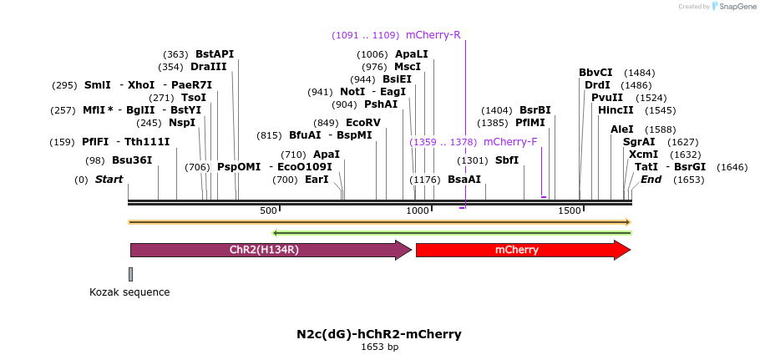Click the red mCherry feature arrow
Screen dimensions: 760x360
point(524,250)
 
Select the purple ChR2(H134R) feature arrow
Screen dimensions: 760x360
point(271,250)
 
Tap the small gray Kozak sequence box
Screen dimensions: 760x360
point(130,274)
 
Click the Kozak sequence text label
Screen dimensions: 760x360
point(130,292)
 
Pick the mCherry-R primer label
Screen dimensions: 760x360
point(433,35)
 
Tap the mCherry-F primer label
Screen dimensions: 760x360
point(510,142)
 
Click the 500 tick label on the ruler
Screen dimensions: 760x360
point(268,210)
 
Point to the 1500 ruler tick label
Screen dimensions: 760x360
point(569,210)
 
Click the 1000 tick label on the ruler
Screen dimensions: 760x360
point(418,210)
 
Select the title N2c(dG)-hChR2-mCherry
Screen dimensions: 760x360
point(379,334)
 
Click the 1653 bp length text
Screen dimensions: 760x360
point(379,347)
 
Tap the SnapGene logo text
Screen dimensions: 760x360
point(736,7)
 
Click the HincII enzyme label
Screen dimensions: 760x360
point(616,110)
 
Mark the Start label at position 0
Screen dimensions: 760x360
point(109,180)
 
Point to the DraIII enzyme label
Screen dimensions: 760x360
point(209,67)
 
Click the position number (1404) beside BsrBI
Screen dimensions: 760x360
point(497,110)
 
